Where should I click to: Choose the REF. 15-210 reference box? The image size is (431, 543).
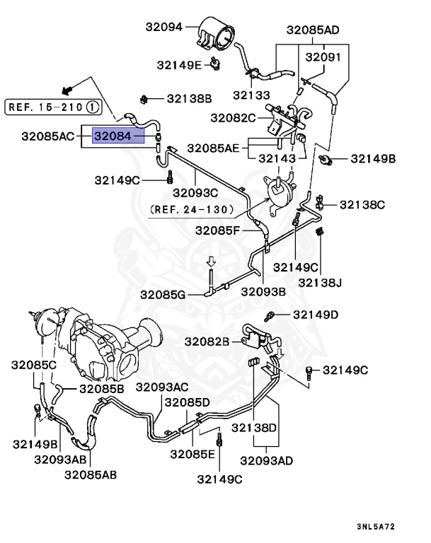53,107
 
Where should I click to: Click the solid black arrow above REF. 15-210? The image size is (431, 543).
68,90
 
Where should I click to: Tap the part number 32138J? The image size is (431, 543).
319,283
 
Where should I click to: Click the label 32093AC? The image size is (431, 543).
162,387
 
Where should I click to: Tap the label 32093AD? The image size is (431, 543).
266,461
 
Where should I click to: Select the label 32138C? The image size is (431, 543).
362,205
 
